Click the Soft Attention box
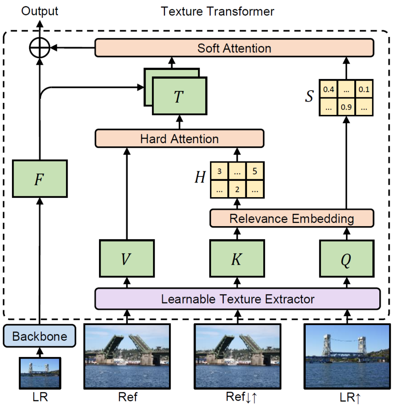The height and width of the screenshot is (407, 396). (x=234, y=48)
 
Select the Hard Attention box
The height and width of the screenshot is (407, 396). (x=179, y=139)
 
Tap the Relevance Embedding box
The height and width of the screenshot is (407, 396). (x=291, y=218)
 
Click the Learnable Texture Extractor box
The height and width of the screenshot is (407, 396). (x=237, y=298)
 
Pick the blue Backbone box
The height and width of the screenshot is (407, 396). (x=39, y=336)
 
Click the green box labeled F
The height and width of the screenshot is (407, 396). (x=39, y=179)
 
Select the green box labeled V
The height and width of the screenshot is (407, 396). (x=126, y=258)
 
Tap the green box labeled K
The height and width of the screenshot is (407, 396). (x=237, y=258)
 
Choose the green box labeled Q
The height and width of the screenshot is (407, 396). (x=346, y=258)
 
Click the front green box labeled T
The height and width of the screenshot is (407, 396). (x=179, y=97)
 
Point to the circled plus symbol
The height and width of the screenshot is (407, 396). (x=39, y=48)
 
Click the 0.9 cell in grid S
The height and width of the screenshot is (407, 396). (x=346, y=107)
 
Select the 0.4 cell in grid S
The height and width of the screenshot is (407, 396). (x=328, y=89)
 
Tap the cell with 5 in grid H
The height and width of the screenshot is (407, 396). (x=255, y=171)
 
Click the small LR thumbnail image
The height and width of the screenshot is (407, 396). (x=39, y=372)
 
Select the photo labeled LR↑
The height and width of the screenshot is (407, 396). (x=346, y=356)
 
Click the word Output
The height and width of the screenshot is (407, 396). (x=40, y=11)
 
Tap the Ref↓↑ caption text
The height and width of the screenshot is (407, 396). (x=239, y=397)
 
